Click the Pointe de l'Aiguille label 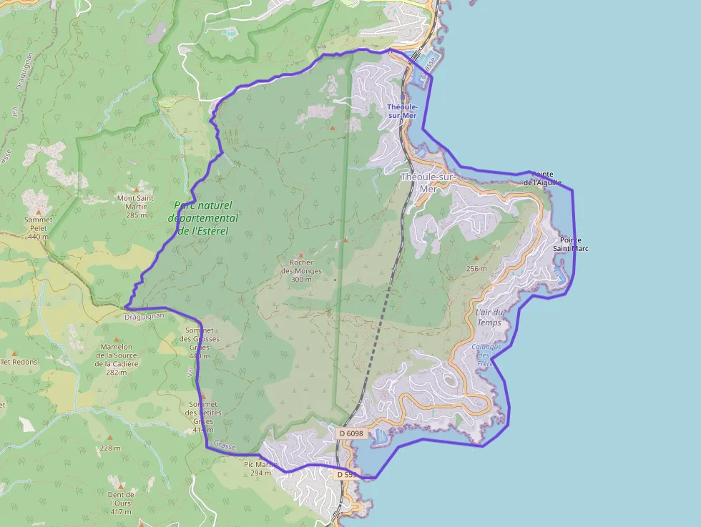pos(541,178)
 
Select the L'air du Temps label pos(489,317)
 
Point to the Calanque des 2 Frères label pos(486,355)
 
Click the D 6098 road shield pos(350,433)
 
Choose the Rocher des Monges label pos(301,271)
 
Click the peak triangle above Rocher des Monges pos(301,255)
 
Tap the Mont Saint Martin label pos(136,206)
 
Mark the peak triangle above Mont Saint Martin pos(136,189)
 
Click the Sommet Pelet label pos(39,228)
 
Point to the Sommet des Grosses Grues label pos(202,343)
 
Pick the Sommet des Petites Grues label pos(203,418)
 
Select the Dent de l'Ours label pos(121,503)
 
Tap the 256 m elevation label pos(476,269)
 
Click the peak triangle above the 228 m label pos(110,437)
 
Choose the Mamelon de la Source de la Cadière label pos(117,355)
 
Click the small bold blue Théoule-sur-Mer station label pos(401,111)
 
